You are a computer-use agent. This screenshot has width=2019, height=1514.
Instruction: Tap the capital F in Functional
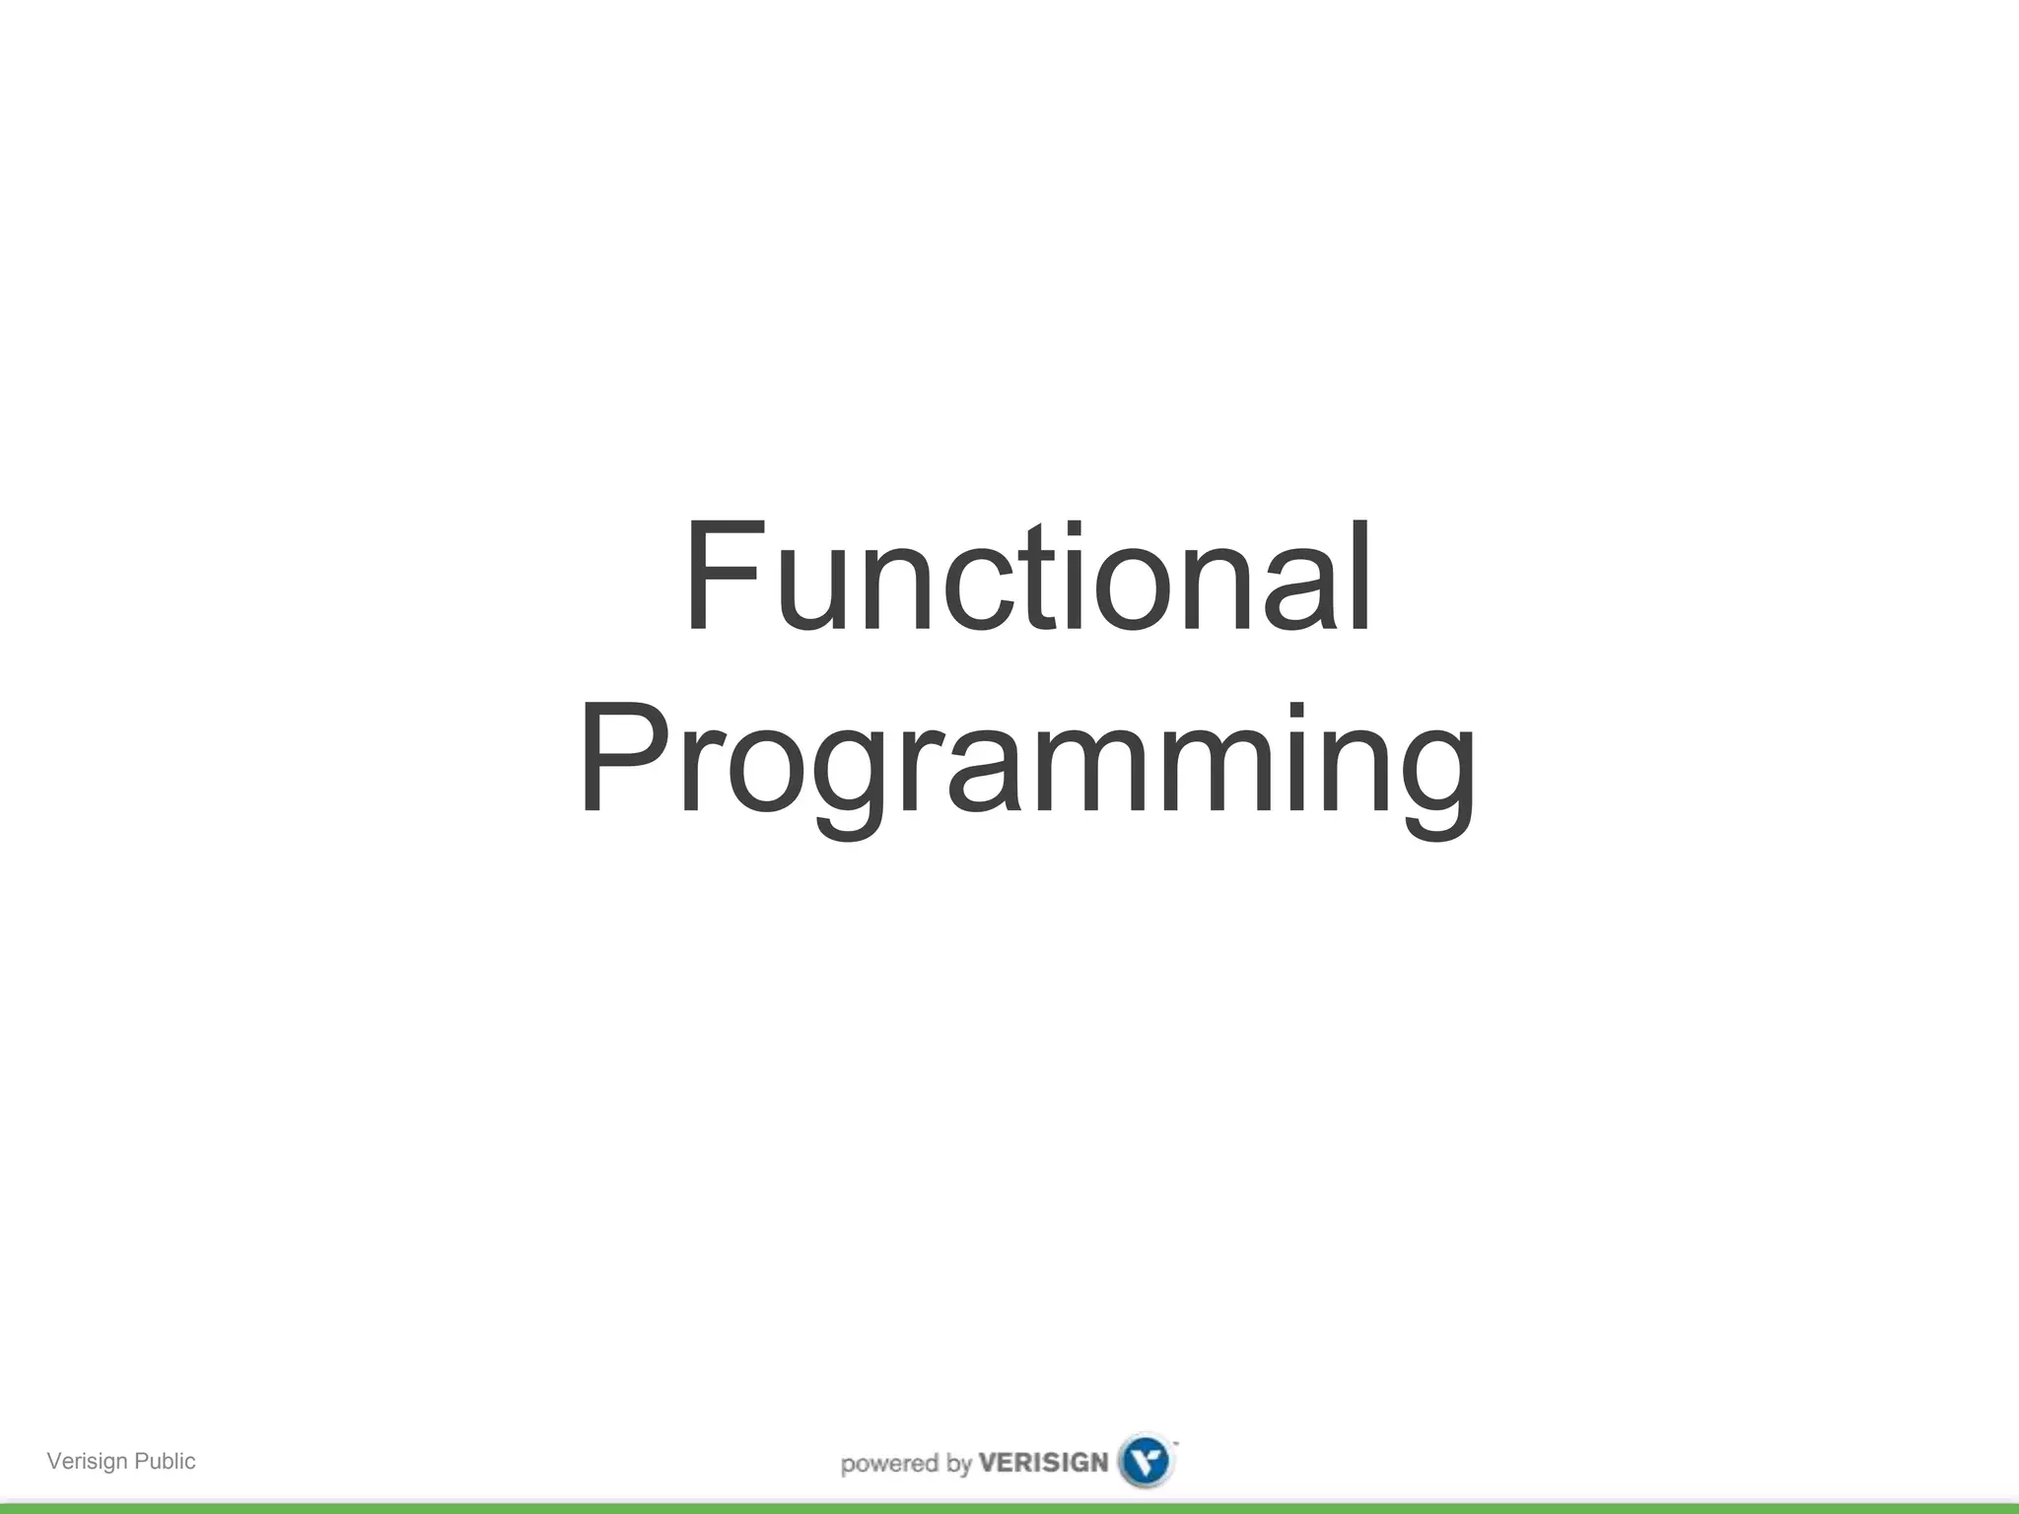[x=723, y=577]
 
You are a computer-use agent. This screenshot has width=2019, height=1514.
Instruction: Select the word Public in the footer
[x=165, y=1461]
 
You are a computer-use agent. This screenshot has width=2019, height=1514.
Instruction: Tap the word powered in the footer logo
[x=890, y=1464]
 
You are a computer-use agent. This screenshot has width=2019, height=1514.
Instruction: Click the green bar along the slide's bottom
[x=1009, y=1508]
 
